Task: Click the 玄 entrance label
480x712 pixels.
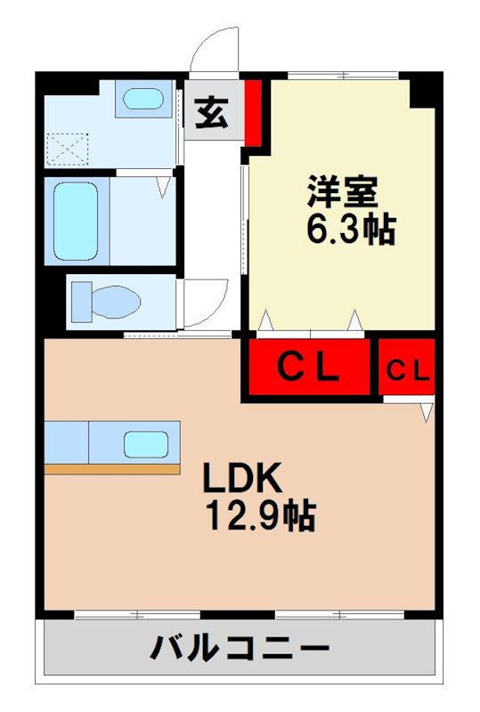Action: (x=211, y=116)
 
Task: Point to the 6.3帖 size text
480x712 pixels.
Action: (x=350, y=230)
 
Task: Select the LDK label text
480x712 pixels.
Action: (x=241, y=480)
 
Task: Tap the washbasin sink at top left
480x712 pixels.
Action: (x=142, y=98)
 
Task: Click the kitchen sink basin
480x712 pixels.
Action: (x=145, y=442)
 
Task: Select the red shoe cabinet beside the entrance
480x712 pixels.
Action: (x=253, y=112)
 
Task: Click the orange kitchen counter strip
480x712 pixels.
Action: (x=111, y=468)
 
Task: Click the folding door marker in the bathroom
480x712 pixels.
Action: (x=163, y=188)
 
